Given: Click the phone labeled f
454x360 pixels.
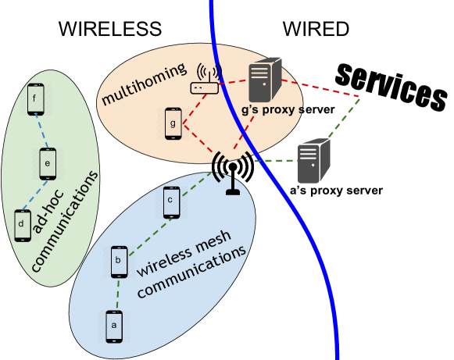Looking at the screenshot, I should (x=35, y=99).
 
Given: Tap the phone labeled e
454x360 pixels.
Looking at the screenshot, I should (x=48, y=164).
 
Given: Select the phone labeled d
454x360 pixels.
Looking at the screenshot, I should (x=23, y=225).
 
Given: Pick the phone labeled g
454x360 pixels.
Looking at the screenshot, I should (x=173, y=123).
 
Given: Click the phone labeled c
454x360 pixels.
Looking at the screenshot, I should (x=171, y=202).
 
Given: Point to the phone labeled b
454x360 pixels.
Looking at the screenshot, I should (x=119, y=262).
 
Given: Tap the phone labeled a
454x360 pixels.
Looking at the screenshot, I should (x=114, y=326).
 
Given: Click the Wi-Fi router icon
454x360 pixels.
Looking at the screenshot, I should (x=205, y=80).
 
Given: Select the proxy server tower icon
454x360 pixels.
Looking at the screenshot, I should (x=264, y=80).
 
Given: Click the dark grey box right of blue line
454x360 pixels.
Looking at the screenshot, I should (x=313, y=161).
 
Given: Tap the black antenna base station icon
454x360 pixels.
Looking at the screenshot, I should (x=232, y=172).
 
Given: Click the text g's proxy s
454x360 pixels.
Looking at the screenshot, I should (x=272, y=109).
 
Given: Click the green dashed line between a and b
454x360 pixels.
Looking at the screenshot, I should (x=116, y=294).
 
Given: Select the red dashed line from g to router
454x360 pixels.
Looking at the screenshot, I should (x=194, y=105).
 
